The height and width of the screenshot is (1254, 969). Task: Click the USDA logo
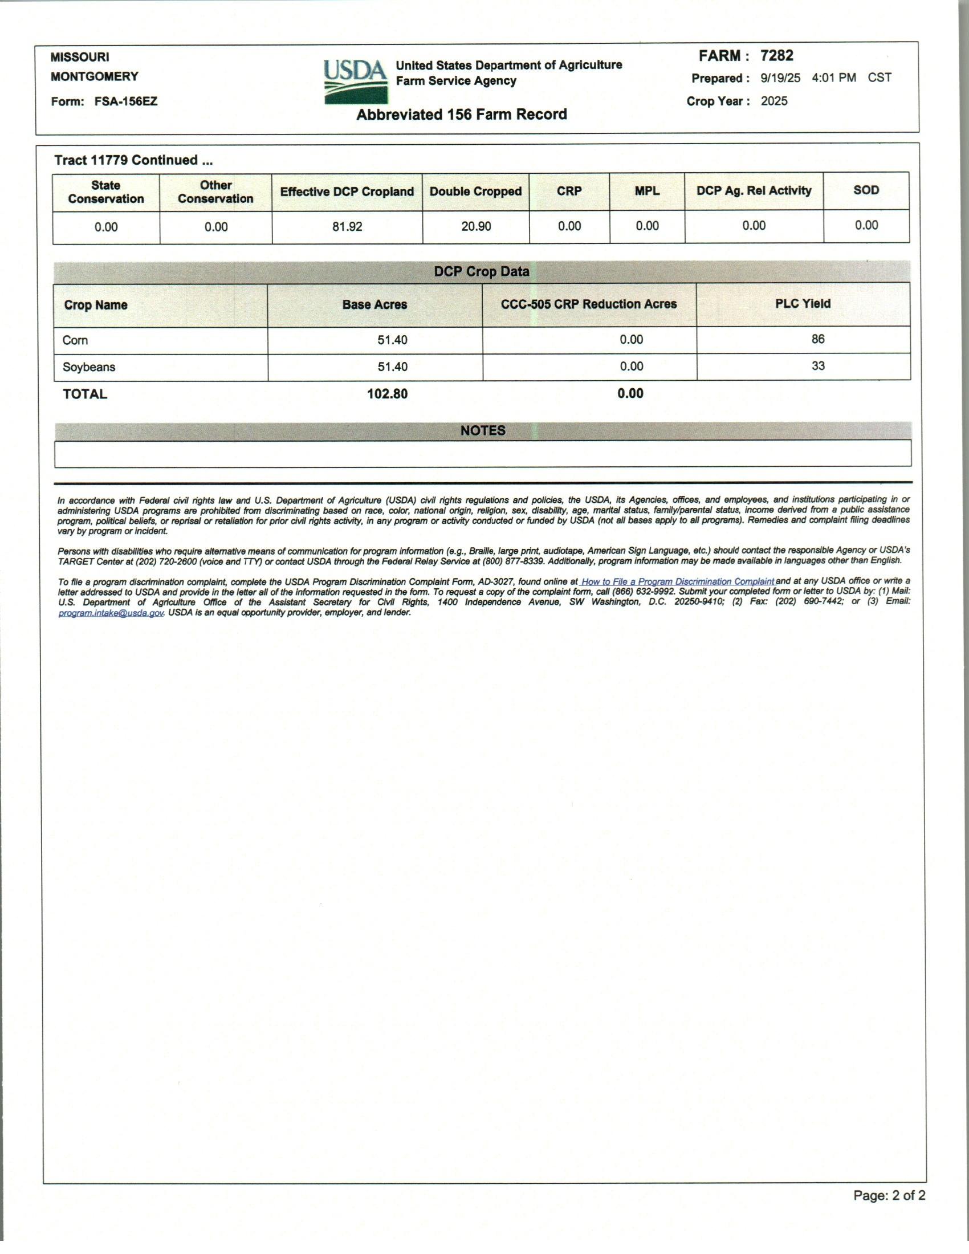(355, 81)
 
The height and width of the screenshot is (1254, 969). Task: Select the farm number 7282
(777, 56)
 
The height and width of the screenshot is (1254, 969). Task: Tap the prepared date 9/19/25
(780, 78)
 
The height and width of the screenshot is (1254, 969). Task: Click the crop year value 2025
(775, 101)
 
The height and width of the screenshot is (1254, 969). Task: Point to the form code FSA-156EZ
(126, 101)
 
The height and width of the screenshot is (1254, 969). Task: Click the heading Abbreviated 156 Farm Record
(462, 114)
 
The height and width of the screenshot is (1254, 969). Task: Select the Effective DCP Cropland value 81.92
(347, 227)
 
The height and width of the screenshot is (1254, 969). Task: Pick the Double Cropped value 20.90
(476, 227)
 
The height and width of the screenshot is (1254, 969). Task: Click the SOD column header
(866, 190)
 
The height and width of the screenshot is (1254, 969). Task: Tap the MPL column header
(647, 191)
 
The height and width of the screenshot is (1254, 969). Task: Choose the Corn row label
(75, 340)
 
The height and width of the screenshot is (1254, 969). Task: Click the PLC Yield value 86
(818, 339)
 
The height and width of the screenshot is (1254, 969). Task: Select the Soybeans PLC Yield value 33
(818, 366)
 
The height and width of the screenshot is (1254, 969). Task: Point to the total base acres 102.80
(388, 394)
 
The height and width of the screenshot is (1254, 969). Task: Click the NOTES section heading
(483, 430)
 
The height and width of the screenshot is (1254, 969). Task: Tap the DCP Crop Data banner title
(482, 271)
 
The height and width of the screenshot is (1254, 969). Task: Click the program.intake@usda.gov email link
(111, 613)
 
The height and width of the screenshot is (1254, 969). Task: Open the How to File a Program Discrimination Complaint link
(677, 581)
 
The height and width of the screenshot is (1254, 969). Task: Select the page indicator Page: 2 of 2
(889, 1195)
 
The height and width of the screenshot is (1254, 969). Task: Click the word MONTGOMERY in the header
(95, 76)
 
